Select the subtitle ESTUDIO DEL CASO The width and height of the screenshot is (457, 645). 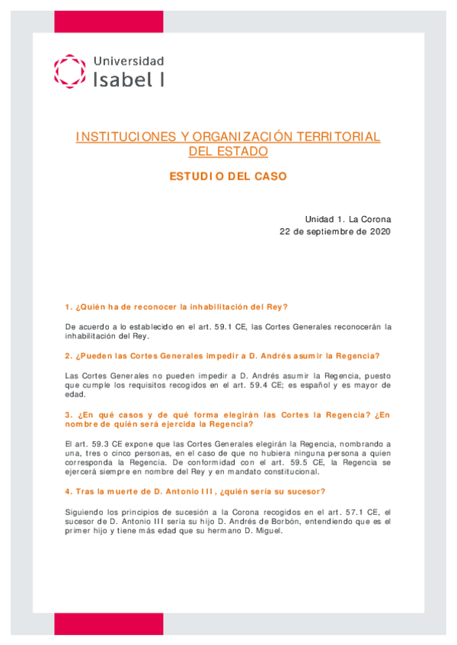tap(228, 176)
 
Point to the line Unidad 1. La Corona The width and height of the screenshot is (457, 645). tap(347, 218)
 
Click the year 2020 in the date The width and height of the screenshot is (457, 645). tap(378, 231)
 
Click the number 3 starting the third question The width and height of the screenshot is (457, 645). tap(68, 415)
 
